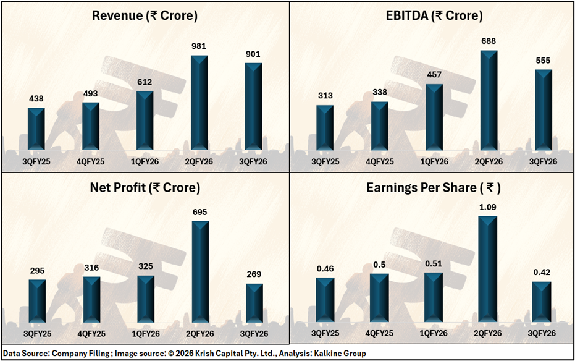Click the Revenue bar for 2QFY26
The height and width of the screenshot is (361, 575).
tap(199, 103)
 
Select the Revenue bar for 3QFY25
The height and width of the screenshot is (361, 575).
tap(36, 129)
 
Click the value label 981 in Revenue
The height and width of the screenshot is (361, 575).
tap(199, 47)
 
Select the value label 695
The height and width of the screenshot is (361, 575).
tap(199, 213)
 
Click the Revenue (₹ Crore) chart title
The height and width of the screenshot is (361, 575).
tap(145, 16)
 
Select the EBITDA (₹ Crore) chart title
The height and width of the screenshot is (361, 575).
tap(433, 16)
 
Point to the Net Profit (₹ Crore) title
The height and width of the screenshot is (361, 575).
tap(146, 187)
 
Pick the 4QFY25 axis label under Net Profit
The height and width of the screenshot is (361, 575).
tap(91, 333)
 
